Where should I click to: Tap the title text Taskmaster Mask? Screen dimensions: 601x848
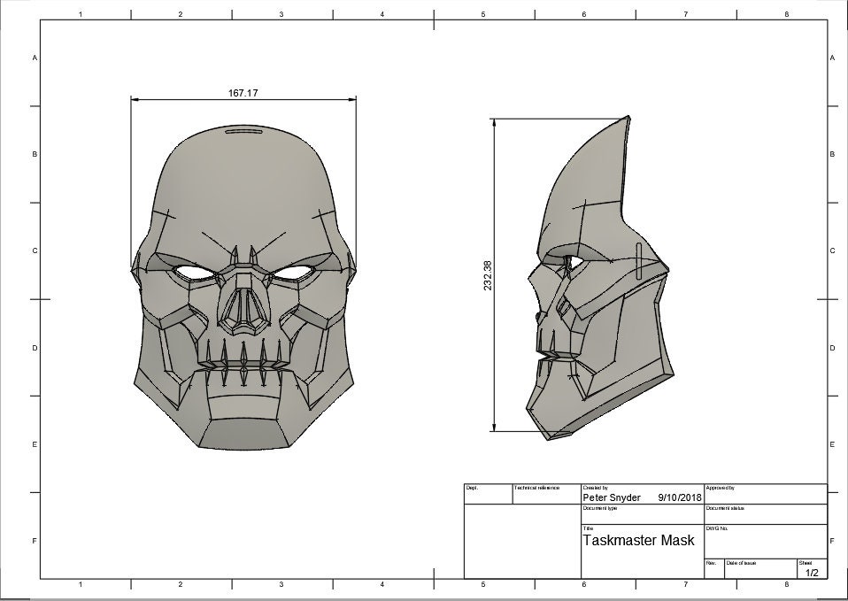tap(638, 540)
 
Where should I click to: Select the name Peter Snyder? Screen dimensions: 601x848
tap(612, 497)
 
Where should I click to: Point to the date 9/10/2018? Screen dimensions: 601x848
tap(679, 497)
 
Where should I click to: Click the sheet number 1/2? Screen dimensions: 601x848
tap(812, 573)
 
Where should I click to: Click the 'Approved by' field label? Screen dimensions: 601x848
tap(720, 488)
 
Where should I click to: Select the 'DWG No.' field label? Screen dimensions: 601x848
tap(716, 528)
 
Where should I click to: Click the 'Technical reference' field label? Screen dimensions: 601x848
tap(536, 488)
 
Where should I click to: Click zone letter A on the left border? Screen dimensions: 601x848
tap(35, 58)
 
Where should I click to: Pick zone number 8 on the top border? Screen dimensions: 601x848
tap(786, 14)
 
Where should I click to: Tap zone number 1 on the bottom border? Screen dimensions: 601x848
tap(81, 584)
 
